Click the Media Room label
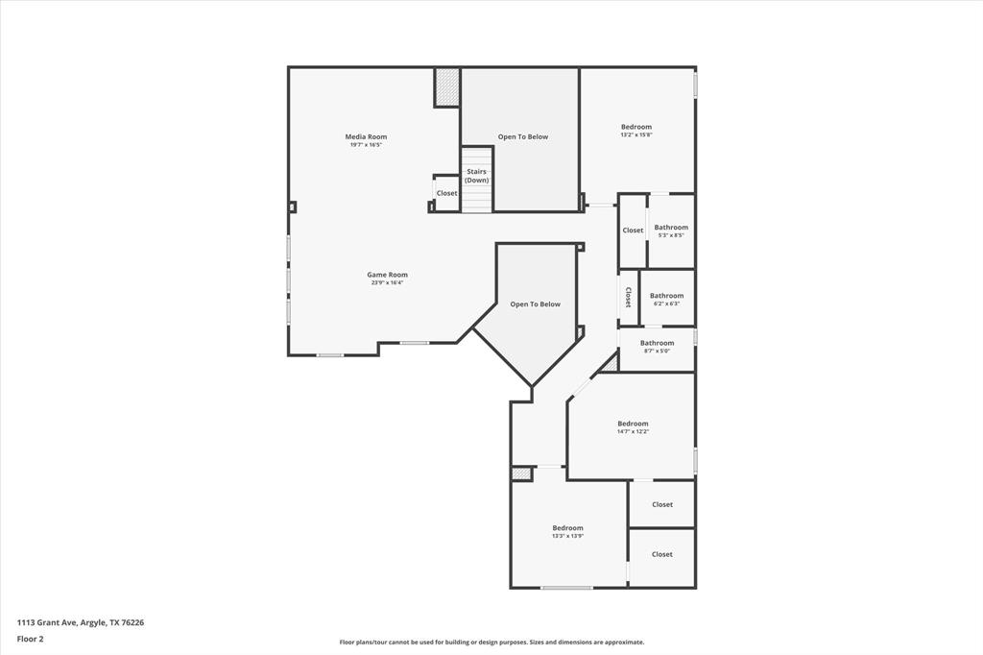point(366,137)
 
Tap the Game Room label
point(387,275)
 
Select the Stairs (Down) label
point(476,176)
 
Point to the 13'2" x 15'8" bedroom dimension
point(635,135)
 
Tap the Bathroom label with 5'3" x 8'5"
point(671,228)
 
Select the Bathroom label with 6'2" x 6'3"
point(666,296)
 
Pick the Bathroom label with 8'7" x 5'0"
point(657,343)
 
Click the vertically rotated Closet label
point(629,297)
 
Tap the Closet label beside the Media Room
point(446,193)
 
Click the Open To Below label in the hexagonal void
point(535,304)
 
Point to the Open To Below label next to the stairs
point(522,136)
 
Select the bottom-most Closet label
point(661,554)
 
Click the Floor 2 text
point(30,638)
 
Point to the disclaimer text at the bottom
point(491,643)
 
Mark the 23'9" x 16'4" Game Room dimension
point(387,283)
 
